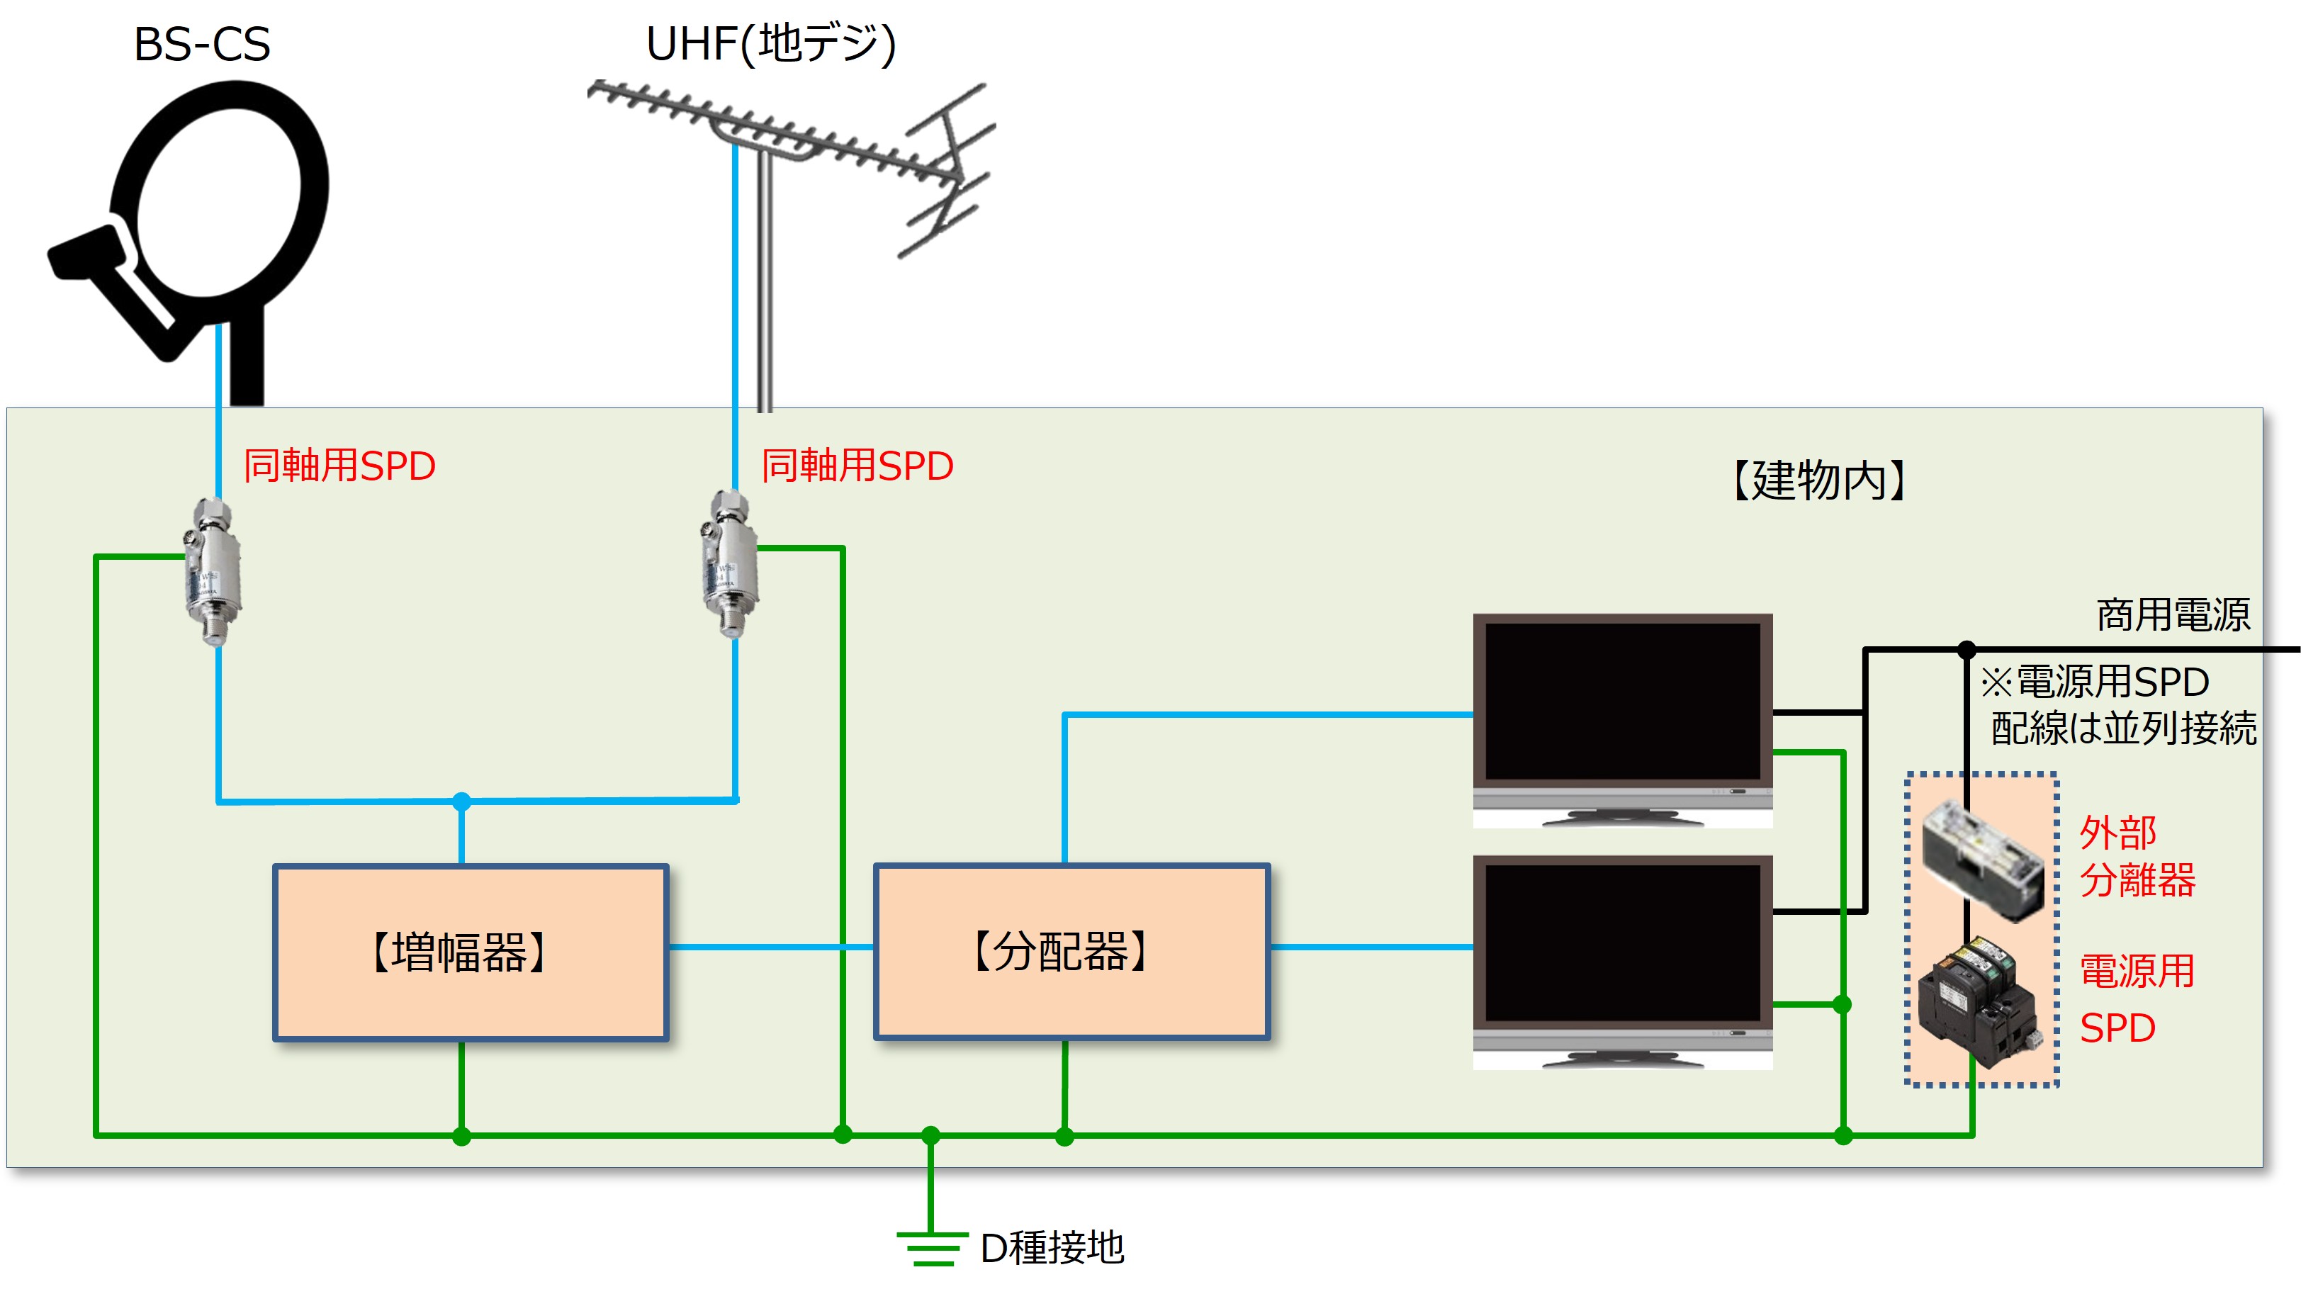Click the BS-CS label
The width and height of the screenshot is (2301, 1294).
click(x=202, y=44)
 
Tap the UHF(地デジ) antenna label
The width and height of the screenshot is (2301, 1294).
click(x=770, y=44)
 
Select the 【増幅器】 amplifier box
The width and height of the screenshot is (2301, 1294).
click(x=471, y=952)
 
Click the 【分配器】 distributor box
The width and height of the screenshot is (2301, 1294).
click(x=1072, y=952)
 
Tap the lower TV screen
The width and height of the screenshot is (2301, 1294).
click(x=1622, y=945)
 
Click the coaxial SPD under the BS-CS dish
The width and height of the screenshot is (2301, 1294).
click(x=213, y=572)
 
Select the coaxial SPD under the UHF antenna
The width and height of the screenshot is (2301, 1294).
click(x=730, y=564)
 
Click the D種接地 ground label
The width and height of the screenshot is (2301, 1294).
click(x=1052, y=1247)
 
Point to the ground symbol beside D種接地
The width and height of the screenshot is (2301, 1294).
click(x=932, y=1247)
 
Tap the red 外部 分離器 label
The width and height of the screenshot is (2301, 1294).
click(x=2137, y=857)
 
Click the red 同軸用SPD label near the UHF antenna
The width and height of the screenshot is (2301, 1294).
click(x=857, y=466)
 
